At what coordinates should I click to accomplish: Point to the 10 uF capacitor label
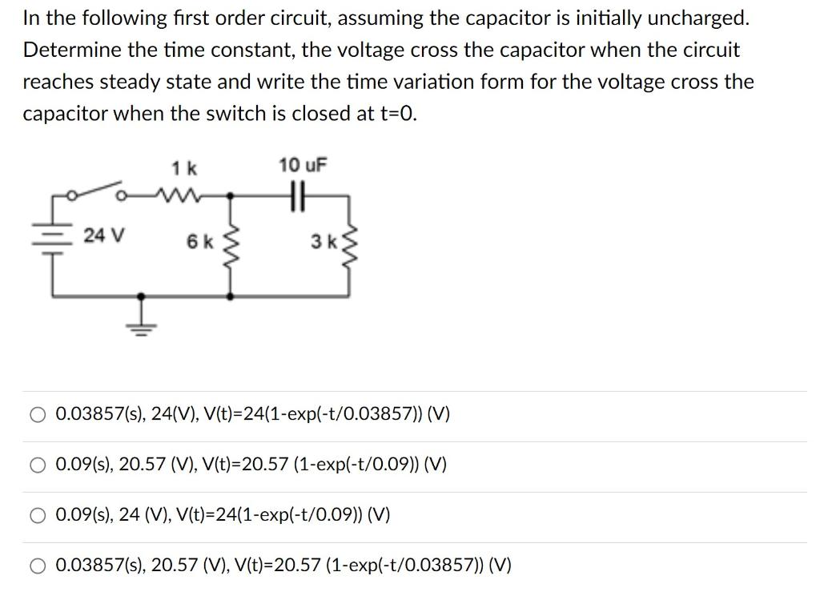pyautogui.click(x=303, y=166)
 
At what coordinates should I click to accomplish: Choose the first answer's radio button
pyautogui.click(x=38, y=415)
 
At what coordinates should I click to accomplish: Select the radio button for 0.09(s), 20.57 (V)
pyautogui.click(x=38, y=465)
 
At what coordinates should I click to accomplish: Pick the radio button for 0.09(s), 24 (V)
pyautogui.click(x=38, y=515)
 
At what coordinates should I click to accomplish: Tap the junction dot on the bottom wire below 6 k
pyautogui.click(x=232, y=296)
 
